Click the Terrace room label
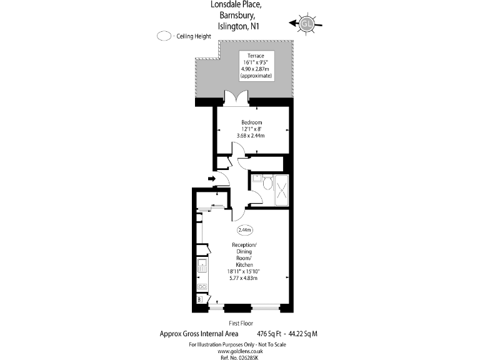click(x=256, y=56)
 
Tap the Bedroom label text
click(x=252, y=122)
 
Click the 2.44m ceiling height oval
click(x=245, y=230)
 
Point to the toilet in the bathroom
click(x=268, y=182)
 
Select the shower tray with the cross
click(x=282, y=190)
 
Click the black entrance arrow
click(x=211, y=179)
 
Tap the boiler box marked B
click(x=199, y=300)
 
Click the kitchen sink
click(x=202, y=265)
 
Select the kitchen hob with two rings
click(x=202, y=286)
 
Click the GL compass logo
click(x=306, y=24)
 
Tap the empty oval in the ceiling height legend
click(x=164, y=36)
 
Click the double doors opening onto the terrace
click(x=236, y=98)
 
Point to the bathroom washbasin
click(x=257, y=178)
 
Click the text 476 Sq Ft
click(x=269, y=334)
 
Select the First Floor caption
click(x=241, y=323)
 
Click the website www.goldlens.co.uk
click(x=240, y=351)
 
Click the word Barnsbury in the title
click(x=237, y=15)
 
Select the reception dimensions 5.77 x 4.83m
click(x=243, y=278)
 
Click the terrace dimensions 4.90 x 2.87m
click(x=255, y=69)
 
